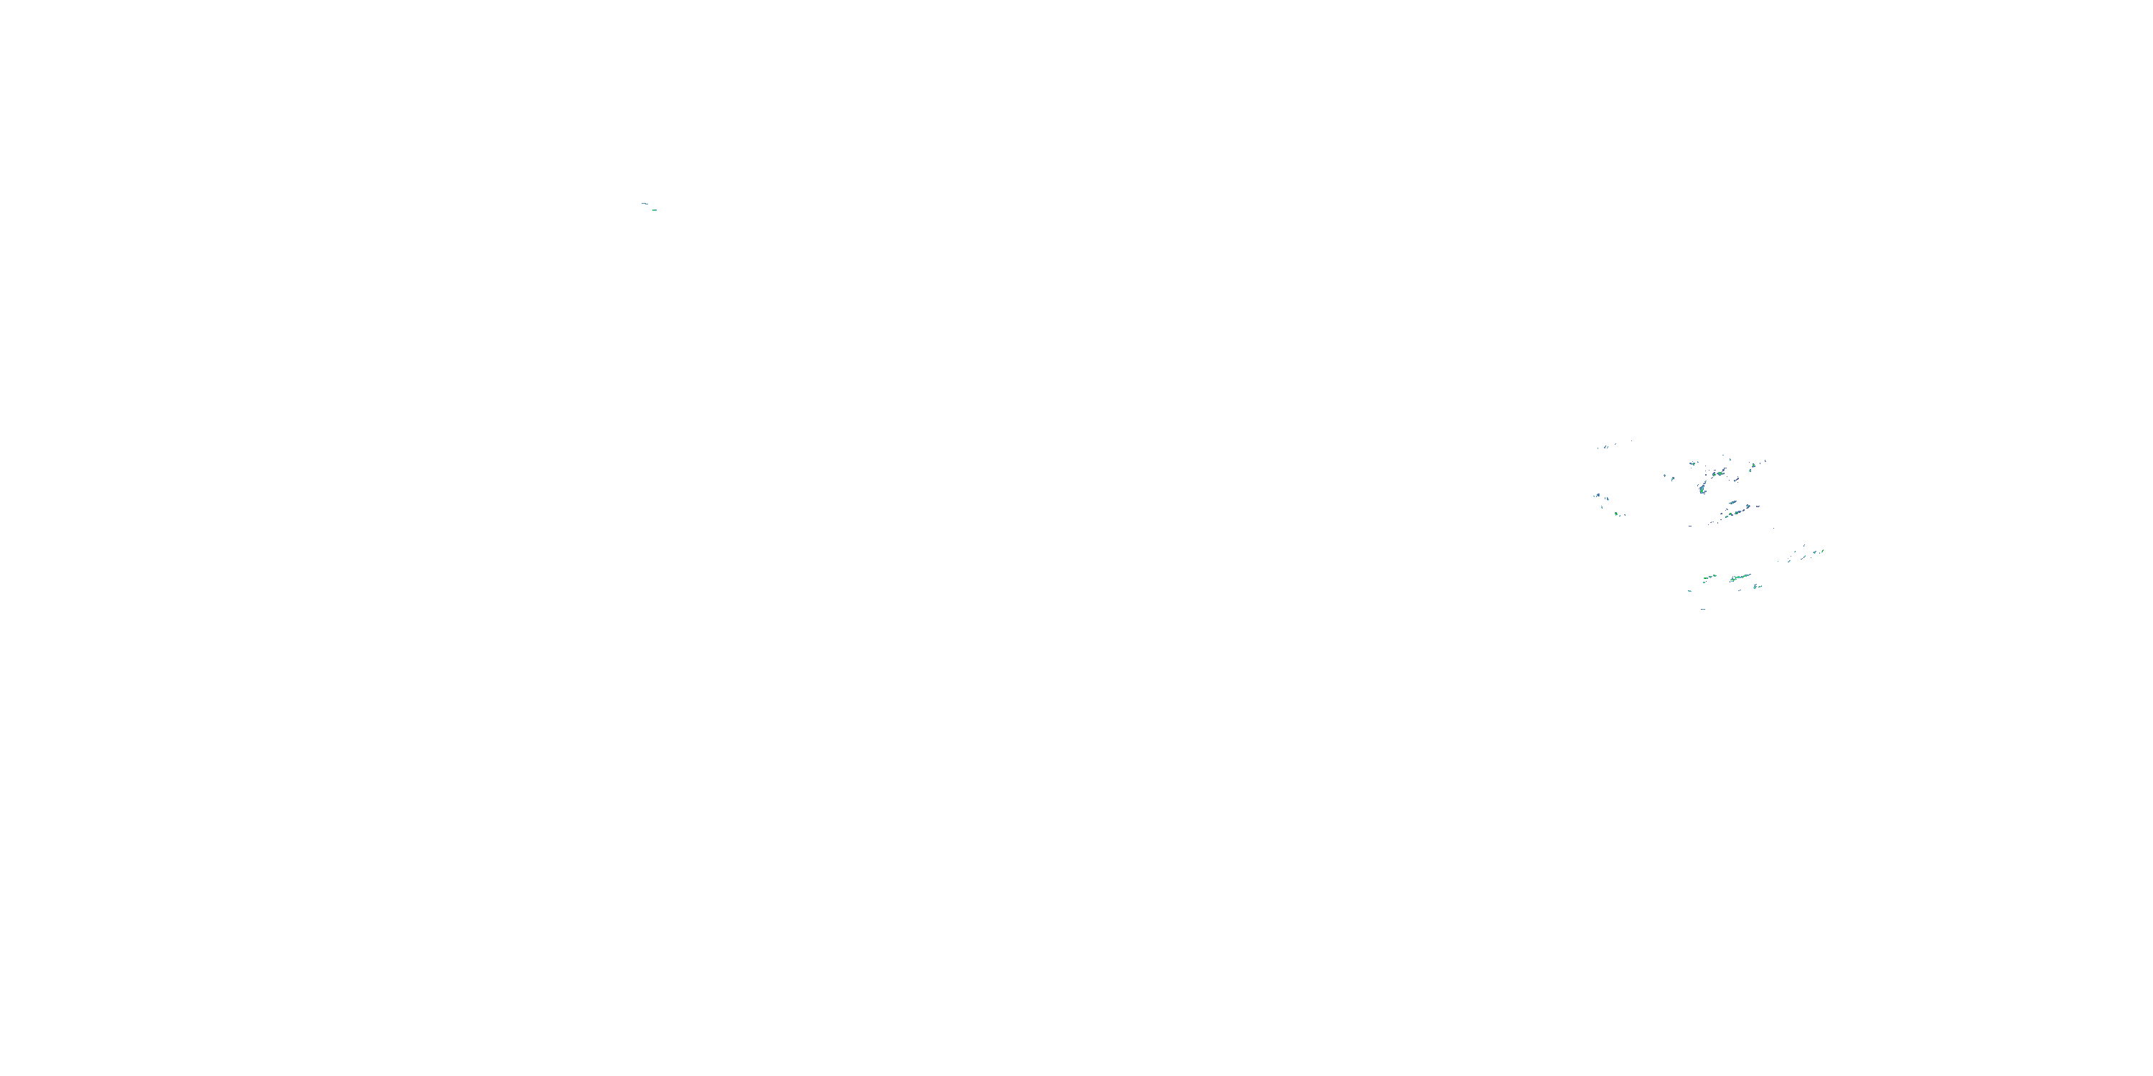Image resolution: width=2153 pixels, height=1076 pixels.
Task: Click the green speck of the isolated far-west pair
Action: pyautogui.click(x=655, y=210)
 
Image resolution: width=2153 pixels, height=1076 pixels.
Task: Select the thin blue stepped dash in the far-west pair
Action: pyautogui.click(x=645, y=204)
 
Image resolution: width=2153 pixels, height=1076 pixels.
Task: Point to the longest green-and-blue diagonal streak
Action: pyautogui.click(x=1741, y=577)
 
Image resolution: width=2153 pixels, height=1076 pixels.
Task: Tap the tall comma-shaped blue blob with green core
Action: pyautogui.click(x=1702, y=489)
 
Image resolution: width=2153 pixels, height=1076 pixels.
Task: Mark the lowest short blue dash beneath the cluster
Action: pyautogui.click(x=1703, y=610)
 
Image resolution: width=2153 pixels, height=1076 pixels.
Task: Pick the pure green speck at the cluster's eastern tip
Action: pyautogui.click(x=1823, y=552)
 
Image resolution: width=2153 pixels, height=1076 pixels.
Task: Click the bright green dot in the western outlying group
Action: pyautogui.click(x=1616, y=514)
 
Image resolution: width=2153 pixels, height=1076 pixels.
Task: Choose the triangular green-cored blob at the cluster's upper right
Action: pyautogui.click(x=1753, y=466)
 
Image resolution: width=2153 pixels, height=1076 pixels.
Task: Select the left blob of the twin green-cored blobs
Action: pyautogui.click(x=1715, y=474)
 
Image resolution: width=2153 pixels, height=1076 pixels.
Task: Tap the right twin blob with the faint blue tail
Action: pyautogui.click(x=1720, y=473)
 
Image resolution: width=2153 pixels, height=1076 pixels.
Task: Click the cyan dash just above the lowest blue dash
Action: pyautogui.click(x=1690, y=592)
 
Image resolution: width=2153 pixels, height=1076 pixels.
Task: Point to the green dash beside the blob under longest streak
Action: pyautogui.click(x=1760, y=587)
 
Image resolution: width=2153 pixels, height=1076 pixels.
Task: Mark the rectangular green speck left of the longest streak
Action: pyautogui.click(x=1706, y=579)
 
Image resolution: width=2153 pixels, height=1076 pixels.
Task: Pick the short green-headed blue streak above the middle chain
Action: pyautogui.click(x=1732, y=503)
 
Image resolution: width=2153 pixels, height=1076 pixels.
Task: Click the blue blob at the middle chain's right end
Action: pyautogui.click(x=1748, y=507)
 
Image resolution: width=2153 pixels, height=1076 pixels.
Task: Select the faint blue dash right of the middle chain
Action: pyautogui.click(x=1758, y=507)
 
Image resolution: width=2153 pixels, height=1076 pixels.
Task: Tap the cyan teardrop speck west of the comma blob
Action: pyautogui.click(x=1674, y=479)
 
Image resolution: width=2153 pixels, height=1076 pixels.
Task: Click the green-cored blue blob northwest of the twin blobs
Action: pyautogui.click(x=1693, y=465)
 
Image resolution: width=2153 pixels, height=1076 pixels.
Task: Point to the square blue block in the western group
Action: pyautogui.click(x=1598, y=496)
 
